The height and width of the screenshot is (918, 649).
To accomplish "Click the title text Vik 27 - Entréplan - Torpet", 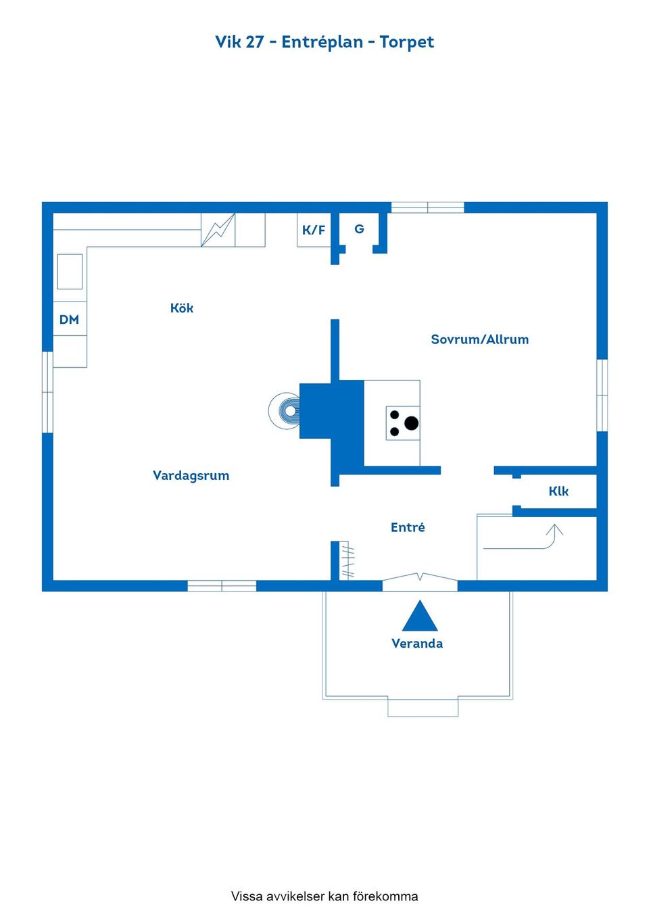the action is [324, 42].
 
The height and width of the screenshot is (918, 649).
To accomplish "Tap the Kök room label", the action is [181, 308].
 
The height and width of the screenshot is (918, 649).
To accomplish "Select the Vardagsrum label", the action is [191, 475].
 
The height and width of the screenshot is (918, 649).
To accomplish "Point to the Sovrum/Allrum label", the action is [480, 339].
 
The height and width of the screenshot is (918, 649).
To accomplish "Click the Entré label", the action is [408, 527].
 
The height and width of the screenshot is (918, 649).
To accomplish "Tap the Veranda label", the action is [417, 644].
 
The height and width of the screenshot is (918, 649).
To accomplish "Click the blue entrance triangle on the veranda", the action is [420, 616].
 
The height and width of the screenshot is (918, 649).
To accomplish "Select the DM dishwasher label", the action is [69, 320].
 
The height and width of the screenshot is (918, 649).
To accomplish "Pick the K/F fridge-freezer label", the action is [314, 230].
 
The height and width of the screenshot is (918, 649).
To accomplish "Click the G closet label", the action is [360, 228].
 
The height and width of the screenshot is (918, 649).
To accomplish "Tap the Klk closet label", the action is [558, 491].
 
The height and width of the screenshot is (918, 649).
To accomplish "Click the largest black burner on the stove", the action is [411, 423].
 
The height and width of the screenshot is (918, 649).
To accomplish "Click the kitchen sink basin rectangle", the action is [70, 272].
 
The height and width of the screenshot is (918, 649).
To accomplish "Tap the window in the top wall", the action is [428, 208].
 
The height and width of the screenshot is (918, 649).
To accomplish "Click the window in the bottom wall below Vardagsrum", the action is [222, 585].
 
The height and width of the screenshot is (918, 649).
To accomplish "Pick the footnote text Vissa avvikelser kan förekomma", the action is [324, 896].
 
